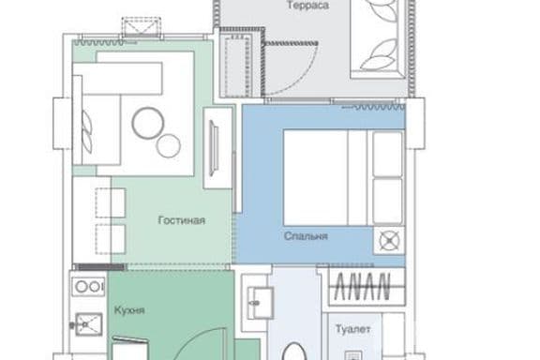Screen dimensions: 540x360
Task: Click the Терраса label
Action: tap(307, 6)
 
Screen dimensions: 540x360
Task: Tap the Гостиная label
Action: tap(182, 220)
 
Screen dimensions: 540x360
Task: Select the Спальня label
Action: tap(306, 236)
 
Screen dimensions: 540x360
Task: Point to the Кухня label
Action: tap(129, 310)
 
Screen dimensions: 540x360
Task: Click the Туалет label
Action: tap(353, 329)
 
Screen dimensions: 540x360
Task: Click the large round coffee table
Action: tap(148, 123)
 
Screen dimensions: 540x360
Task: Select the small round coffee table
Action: tap(168, 145)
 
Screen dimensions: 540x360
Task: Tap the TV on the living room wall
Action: tap(214, 148)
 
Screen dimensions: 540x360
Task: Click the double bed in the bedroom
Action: tap(344, 177)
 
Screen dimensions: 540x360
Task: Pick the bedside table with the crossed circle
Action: tap(389, 240)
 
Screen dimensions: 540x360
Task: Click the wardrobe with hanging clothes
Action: tap(366, 287)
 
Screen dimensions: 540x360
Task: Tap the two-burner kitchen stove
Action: tap(88, 286)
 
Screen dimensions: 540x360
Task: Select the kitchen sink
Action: tap(88, 324)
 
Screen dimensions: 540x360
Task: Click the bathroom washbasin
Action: tap(261, 303)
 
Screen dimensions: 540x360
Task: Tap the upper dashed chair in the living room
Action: tap(111, 202)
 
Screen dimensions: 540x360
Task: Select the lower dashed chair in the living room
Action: tap(111, 239)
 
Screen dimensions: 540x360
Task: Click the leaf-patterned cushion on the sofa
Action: tap(87, 132)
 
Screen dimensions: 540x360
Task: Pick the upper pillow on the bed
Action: tap(387, 154)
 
